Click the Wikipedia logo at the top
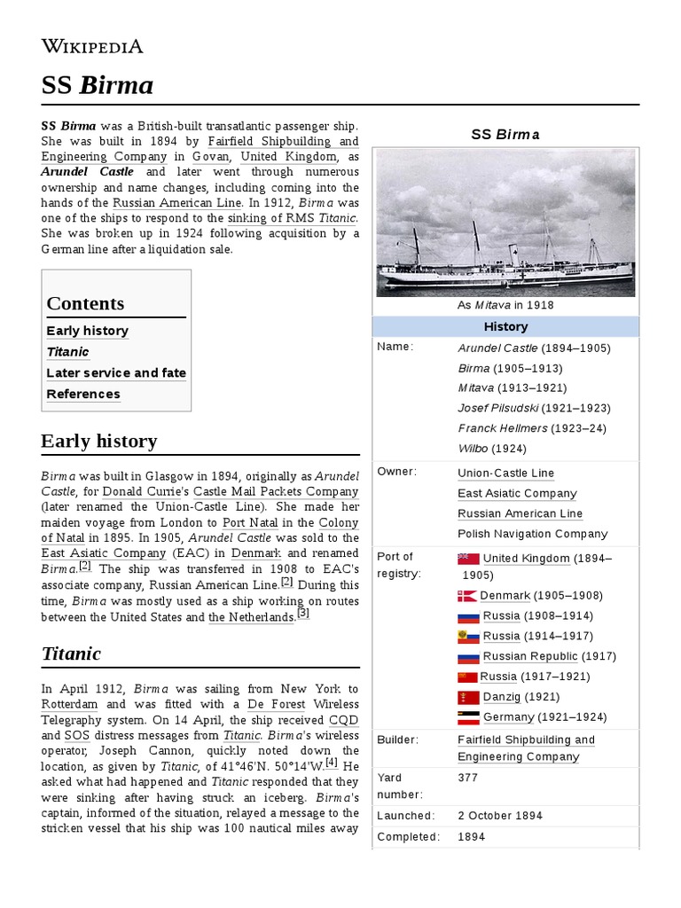pyautogui.click(x=92, y=46)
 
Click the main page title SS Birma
pyautogui.click(x=98, y=85)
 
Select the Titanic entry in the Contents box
pyautogui.click(x=67, y=352)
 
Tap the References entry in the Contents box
pyautogui.click(x=83, y=395)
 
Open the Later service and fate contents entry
pyautogui.click(x=116, y=373)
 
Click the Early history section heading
pyautogui.click(x=99, y=442)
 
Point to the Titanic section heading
pyautogui.click(x=71, y=654)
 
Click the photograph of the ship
pyautogui.click(x=505, y=223)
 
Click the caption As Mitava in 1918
pyautogui.click(x=505, y=305)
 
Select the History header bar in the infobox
pyautogui.click(x=505, y=326)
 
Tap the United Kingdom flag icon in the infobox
pyautogui.click(x=468, y=559)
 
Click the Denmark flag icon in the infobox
pyautogui.click(x=468, y=596)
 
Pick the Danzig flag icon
pyautogui.click(x=468, y=697)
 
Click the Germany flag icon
pyautogui.click(x=468, y=717)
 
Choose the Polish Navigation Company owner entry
pyautogui.click(x=532, y=534)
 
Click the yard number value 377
pyautogui.click(x=468, y=778)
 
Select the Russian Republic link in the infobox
pyautogui.click(x=529, y=656)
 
